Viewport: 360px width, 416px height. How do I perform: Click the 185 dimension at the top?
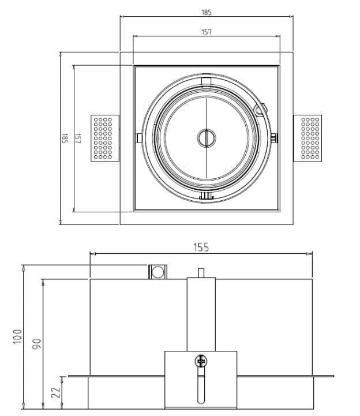click(x=207, y=12)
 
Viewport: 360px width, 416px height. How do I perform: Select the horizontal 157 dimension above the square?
click(x=207, y=32)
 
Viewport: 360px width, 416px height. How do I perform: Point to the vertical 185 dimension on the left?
click(x=65, y=138)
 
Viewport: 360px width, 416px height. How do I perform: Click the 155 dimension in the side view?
click(x=201, y=248)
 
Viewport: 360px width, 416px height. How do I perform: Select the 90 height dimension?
click(x=36, y=344)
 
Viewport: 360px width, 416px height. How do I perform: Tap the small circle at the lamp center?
click(x=205, y=137)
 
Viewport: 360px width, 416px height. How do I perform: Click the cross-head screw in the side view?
click(x=201, y=362)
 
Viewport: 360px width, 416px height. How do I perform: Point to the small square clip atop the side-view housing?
click(x=157, y=271)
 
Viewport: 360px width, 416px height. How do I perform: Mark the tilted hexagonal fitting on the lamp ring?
click(x=262, y=109)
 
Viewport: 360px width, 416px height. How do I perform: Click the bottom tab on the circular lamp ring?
click(x=206, y=197)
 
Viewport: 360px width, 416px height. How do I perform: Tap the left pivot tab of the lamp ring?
click(x=139, y=137)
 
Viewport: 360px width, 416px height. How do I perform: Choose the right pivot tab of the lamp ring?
click(x=273, y=137)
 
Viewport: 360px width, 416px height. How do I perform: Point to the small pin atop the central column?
click(x=201, y=272)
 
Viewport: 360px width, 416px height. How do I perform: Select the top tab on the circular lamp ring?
click(x=206, y=79)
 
